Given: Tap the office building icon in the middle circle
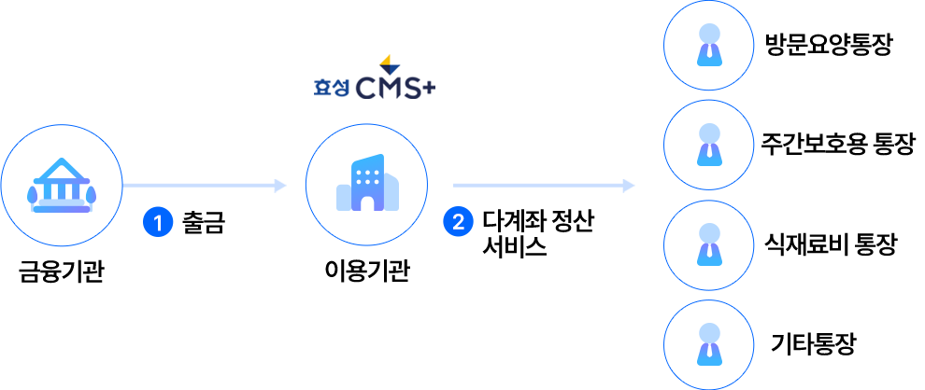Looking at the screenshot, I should tap(366, 184).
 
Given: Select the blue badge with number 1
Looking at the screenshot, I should tap(158, 223).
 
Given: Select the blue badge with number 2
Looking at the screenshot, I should tap(458, 222).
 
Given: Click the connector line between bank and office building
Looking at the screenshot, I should tap(205, 186).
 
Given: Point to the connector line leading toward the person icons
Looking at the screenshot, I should tap(544, 186).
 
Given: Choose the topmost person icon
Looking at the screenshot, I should tap(709, 46).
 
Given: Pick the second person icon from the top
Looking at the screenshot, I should tap(709, 144).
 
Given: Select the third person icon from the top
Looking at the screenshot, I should tap(709, 244).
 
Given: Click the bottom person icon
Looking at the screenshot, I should tap(709, 344).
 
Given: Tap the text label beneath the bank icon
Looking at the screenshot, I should tap(61, 272).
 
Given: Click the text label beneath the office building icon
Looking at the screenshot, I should tap(366, 272).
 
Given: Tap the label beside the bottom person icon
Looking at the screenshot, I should tap(813, 344).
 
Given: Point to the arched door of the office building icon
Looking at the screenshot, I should tap(367, 202).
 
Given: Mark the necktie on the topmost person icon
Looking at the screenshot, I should tap(709, 53).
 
